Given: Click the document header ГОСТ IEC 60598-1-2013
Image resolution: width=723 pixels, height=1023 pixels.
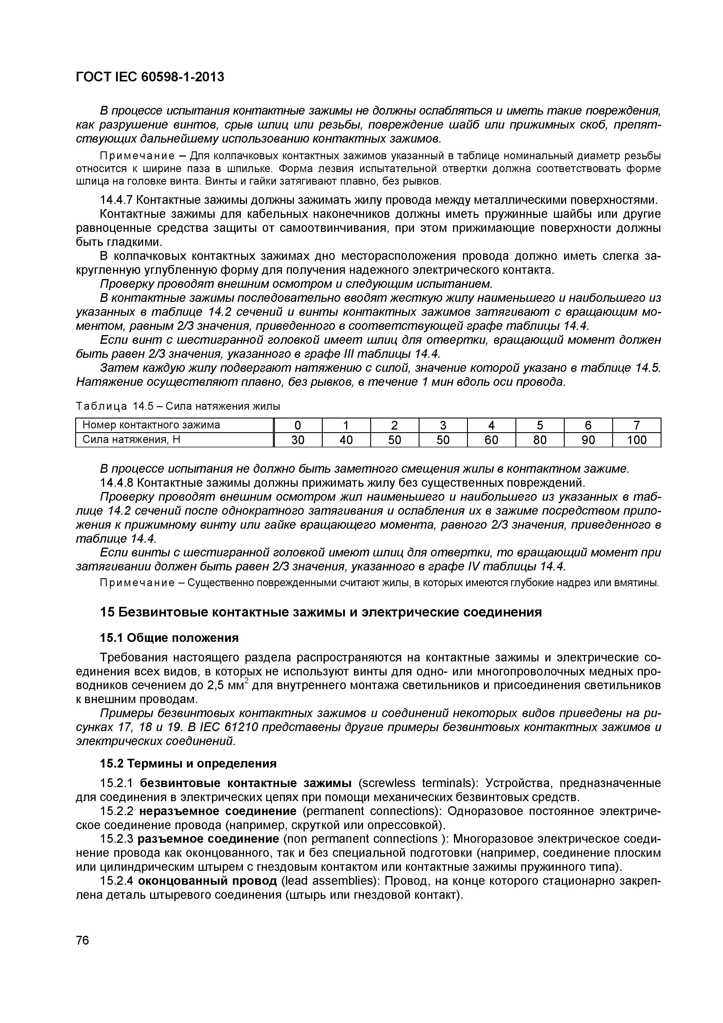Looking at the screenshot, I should point(150,77).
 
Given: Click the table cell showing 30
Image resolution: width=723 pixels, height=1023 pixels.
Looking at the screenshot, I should point(298,440).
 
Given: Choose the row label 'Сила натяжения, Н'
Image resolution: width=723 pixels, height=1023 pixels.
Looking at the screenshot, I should point(131,440).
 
